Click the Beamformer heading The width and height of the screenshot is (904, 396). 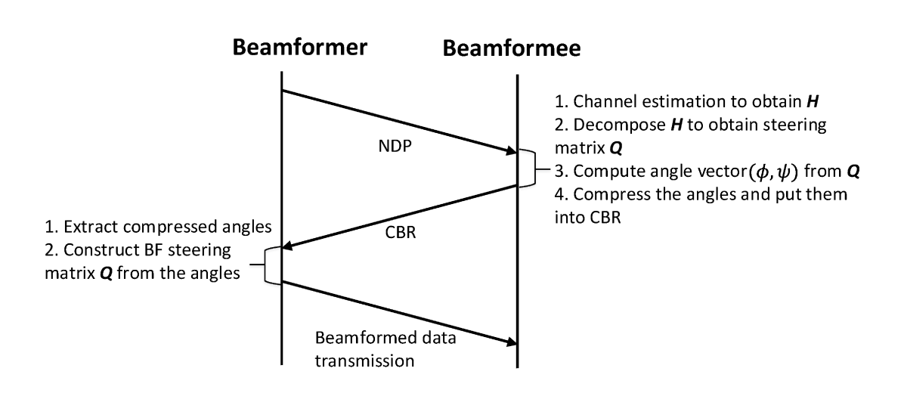300,47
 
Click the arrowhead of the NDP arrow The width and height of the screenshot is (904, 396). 509,151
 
